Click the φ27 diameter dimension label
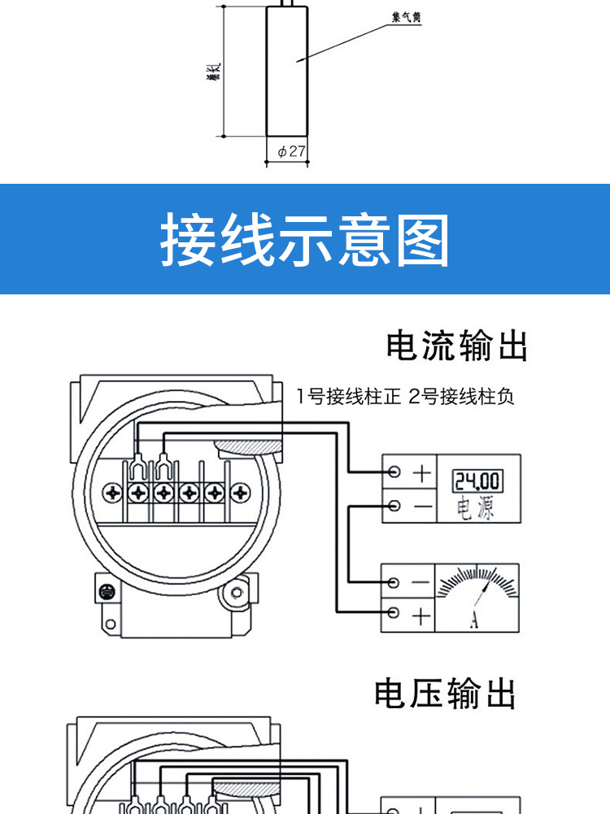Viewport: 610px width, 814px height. (290, 151)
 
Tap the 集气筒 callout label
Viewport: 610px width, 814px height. (406, 18)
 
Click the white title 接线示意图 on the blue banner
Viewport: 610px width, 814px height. (304, 241)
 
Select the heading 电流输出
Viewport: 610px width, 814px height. (457, 346)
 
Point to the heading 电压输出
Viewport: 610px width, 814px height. (446, 694)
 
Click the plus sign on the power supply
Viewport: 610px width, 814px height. (421, 473)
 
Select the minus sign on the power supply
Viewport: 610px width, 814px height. (421, 506)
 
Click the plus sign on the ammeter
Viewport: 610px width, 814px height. (420, 616)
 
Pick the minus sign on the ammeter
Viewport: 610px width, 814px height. (420, 583)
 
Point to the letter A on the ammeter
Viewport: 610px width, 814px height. (474, 622)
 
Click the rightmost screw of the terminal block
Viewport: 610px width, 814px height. (239, 493)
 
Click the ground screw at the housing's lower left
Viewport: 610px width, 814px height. (105, 591)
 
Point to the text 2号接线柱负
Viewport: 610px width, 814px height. (461, 397)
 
